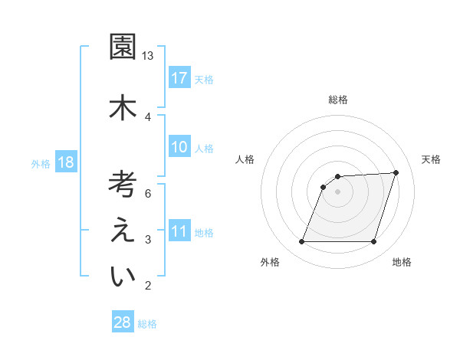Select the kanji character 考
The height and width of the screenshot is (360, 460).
tap(122, 185)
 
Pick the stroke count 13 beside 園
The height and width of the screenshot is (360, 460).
tap(148, 56)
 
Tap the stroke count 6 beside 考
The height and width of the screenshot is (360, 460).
tap(148, 194)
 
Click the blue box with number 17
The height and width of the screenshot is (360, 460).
tap(179, 78)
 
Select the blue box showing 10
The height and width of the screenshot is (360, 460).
tap(179, 147)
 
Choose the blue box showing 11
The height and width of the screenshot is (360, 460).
tap(179, 231)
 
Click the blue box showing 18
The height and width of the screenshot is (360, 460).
tap(65, 162)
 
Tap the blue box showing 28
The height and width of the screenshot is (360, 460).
tap(122, 322)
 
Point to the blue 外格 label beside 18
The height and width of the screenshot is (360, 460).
tap(41, 163)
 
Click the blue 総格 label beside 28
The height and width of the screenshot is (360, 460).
tap(147, 324)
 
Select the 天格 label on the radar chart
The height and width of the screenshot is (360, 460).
tap(432, 159)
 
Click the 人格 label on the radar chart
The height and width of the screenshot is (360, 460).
tap(245, 159)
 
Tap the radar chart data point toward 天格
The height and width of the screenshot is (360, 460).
tap(396, 172)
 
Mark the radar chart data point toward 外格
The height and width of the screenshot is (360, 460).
tap(301, 242)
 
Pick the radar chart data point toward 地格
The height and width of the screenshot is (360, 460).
tap(373, 242)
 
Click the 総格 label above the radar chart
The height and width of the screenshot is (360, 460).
tap(337, 100)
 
